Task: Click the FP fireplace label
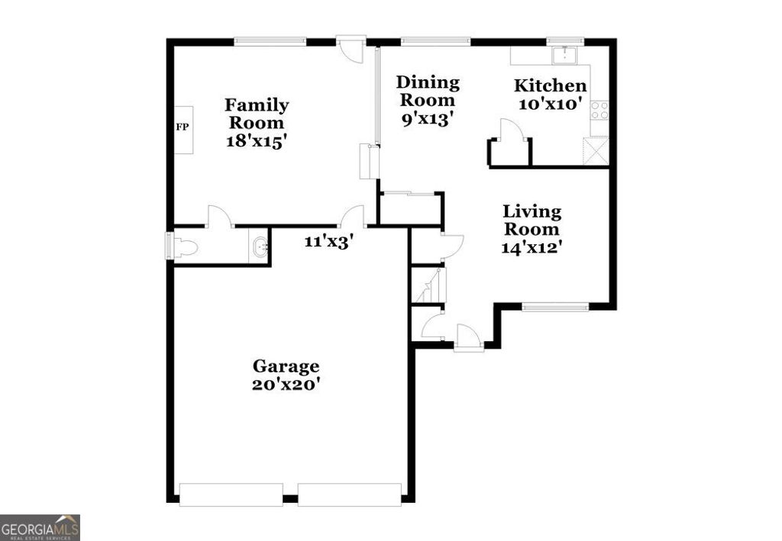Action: click(x=183, y=127)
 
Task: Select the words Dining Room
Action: click(x=428, y=91)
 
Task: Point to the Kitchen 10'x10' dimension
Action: click(x=551, y=104)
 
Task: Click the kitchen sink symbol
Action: click(x=565, y=54)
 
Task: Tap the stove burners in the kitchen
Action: click(x=599, y=110)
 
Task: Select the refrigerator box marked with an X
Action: click(x=596, y=150)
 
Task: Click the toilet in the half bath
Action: click(x=186, y=246)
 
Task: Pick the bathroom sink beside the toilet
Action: click(x=260, y=246)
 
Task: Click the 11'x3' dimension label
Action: click(x=328, y=241)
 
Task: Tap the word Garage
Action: click(x=286, y=366)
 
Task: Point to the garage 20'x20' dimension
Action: click(x=286, y=385)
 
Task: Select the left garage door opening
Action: click(x=231, y=494)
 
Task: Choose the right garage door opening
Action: click(x=349, y=494)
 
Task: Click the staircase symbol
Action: click(x=428, y=285)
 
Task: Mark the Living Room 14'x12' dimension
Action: click(x=532, y=246)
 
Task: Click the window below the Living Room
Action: click(x=555, y=307)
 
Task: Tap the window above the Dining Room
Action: click(x=435, y=41)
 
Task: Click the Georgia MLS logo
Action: click(x=40, y=527)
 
